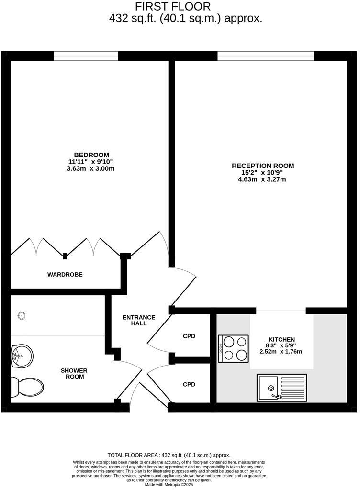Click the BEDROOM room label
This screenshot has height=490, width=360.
point(91,155)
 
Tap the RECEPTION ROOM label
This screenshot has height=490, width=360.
point(263,166)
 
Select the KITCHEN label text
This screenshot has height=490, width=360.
point(281,339)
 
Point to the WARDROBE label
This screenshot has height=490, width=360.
point(65,275)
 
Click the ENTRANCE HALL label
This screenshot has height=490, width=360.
point(139,320)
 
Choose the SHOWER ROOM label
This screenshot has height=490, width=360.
point(74,374)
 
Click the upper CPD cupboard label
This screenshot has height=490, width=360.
point(189,336)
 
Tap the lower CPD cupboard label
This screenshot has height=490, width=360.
point(189,384)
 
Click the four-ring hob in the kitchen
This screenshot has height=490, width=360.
point(234,348)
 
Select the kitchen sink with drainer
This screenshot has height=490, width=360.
point(281,387)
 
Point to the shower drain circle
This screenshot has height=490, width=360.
point(21,316)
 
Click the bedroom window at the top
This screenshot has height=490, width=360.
point(86,56)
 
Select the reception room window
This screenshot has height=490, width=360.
point(266,56)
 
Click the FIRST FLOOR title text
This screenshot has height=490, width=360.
point(172,7)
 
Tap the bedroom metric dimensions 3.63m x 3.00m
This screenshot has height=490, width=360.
point(91,169)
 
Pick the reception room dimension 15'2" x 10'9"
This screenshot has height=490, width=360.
point(263,173)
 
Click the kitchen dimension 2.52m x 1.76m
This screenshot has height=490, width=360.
point(281,352)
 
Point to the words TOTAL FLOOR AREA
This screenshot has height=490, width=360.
point(134,455)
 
